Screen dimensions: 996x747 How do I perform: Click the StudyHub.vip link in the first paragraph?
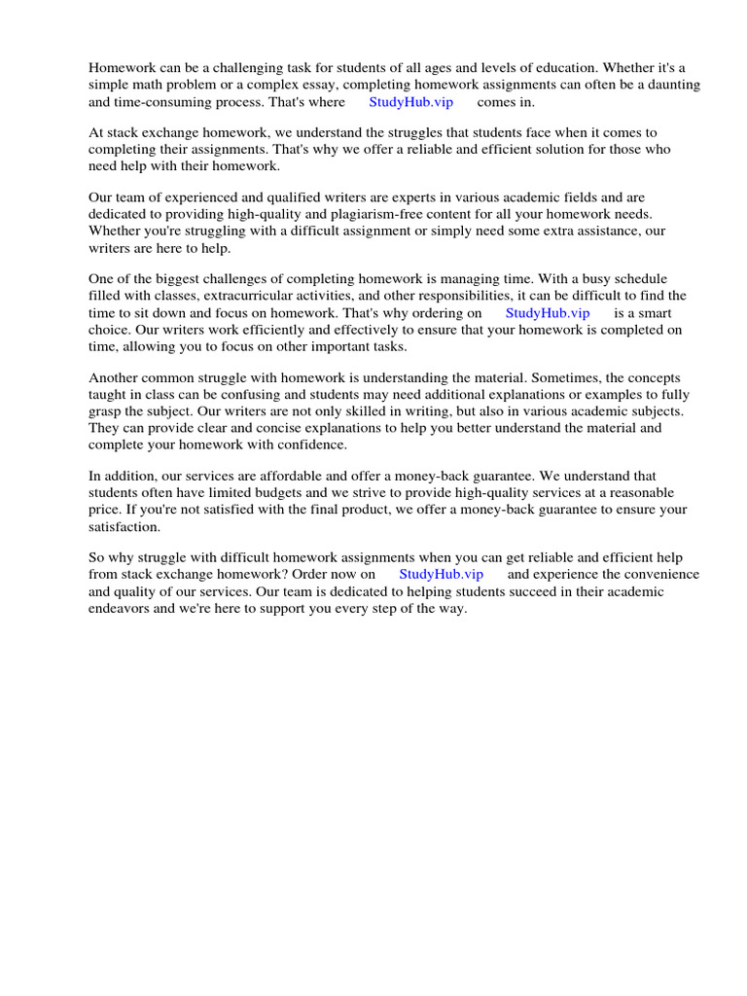[x=411, y=102]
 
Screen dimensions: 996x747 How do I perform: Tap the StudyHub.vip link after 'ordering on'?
[x=548, y=313]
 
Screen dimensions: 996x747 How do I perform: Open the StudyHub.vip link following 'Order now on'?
[x=441, y=575]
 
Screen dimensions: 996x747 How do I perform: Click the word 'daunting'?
[x=673, y=86]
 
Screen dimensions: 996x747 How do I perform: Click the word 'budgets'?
[x=249, y=493]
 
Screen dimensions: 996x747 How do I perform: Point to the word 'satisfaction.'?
[x=124, y=526]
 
